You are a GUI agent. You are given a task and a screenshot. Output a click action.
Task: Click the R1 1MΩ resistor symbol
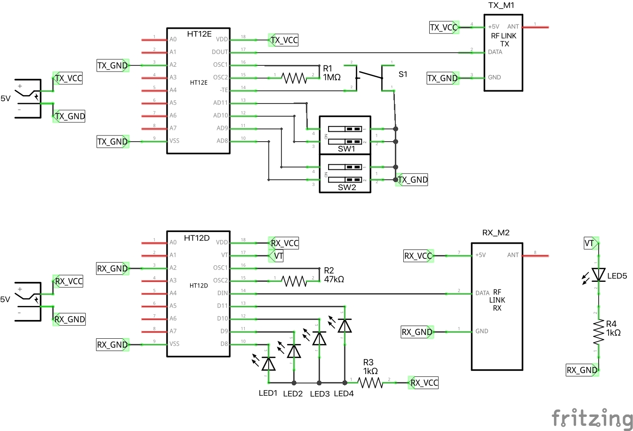pyautogui.click(x=294, y=78)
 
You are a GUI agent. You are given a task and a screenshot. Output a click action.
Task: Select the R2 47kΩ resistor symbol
pyautogui.click(x=294, y=281)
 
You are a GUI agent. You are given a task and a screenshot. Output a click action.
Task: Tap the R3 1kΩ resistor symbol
pyautogui.click(x=371, y=383)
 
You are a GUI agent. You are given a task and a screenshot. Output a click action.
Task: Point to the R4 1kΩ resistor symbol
pyautogui.click(x=599, y=332)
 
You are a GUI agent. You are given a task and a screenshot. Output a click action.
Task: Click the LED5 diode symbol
pyautogui.click(x=599, y=274)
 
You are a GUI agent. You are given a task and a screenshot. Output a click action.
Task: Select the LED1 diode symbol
pyautogui.click(x=269, y=363)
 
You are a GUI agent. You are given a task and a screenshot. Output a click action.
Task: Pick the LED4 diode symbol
pyautogui.click(x=345, y=326)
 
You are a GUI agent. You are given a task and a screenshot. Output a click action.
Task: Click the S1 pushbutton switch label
pyautogui.click(x=403, y=74)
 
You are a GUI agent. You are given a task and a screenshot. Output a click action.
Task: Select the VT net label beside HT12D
pyautogui.click(x=278, y=256)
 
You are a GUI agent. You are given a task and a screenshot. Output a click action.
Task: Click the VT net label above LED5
pyautogui.click(x=590, y=243)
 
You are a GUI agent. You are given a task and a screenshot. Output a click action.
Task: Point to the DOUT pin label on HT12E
pyautogui.click(x=220, y=52)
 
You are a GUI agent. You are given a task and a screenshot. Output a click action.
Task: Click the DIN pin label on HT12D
pyautogui.click(x=223, y=293)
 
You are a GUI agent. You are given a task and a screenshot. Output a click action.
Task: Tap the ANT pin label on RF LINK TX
pyautogui.click(x=513, y=27)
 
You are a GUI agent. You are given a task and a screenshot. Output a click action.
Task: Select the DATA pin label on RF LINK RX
pyautogui.click(x=482, y=293)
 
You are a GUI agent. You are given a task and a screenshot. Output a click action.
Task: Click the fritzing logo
pyautogui.click(x=592, y=418)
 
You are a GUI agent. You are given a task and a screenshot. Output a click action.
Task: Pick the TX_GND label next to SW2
pyautogui.click(x=412, y=180)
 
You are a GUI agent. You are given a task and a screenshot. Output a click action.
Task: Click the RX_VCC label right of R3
pyautogui.click(x=424, y=383)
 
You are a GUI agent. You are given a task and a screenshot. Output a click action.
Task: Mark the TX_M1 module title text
pyautogui.click(x=501, y=6)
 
